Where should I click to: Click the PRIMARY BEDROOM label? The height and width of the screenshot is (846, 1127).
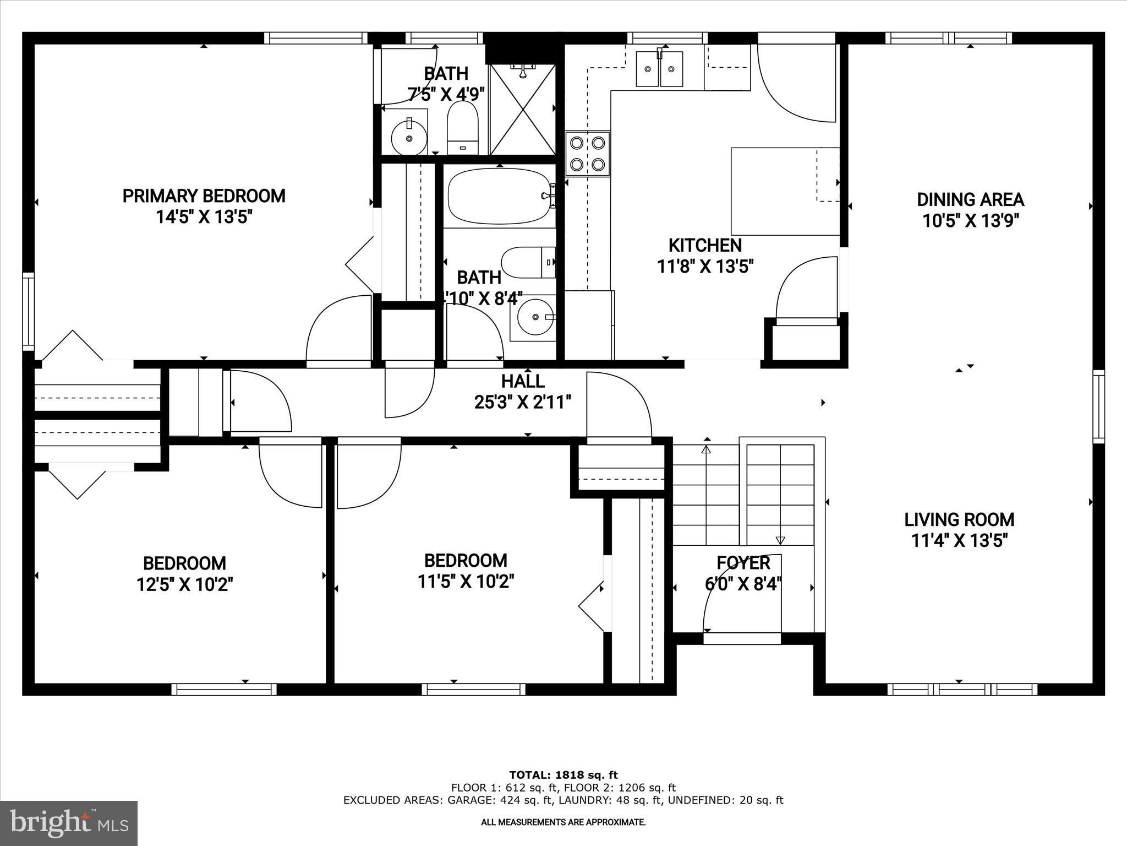pyautogui.click(x=204, y=196)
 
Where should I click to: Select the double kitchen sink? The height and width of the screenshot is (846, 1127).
pyautogui.click(x=659, y=69)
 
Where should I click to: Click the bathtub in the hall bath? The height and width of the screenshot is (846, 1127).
pyautogui.click(x=499, y=197)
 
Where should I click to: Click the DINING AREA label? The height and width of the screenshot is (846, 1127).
pyautogui.click(x=970, y=199)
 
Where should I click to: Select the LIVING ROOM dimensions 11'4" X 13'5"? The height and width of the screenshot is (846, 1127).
pyautogui.click(x=959, y=541)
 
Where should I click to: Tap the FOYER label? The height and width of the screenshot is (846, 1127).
pyautogui.click(x=743, y=563)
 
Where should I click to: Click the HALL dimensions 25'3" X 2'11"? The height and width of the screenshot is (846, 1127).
pyautogui.click(x=522, y=403)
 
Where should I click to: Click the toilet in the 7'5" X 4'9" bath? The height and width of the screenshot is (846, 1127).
pyautogui.click(x=462, y=128)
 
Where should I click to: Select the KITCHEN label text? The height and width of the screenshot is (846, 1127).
pyautogui.click(x=705, y=245)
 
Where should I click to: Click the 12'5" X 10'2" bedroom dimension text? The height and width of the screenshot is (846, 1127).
pyautogui.click(x=185, y=584)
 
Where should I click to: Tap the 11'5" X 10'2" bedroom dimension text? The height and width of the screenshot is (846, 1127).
pyautogui.click(x=466, y=582)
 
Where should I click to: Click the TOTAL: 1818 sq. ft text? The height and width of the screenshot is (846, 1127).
pyautogui.click(x=563, y=775)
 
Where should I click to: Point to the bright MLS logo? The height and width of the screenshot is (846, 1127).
pyautogui.click(x=69, y=823)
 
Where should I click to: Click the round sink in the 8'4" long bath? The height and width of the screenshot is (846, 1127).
pyautogui.click(x=534, y=318)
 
